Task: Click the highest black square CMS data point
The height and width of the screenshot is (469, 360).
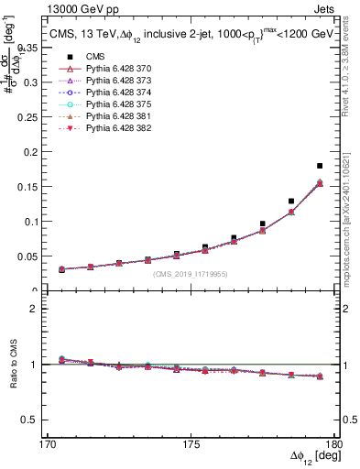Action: click(320, 166)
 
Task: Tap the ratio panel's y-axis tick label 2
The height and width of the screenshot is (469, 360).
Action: click(41, 309)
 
